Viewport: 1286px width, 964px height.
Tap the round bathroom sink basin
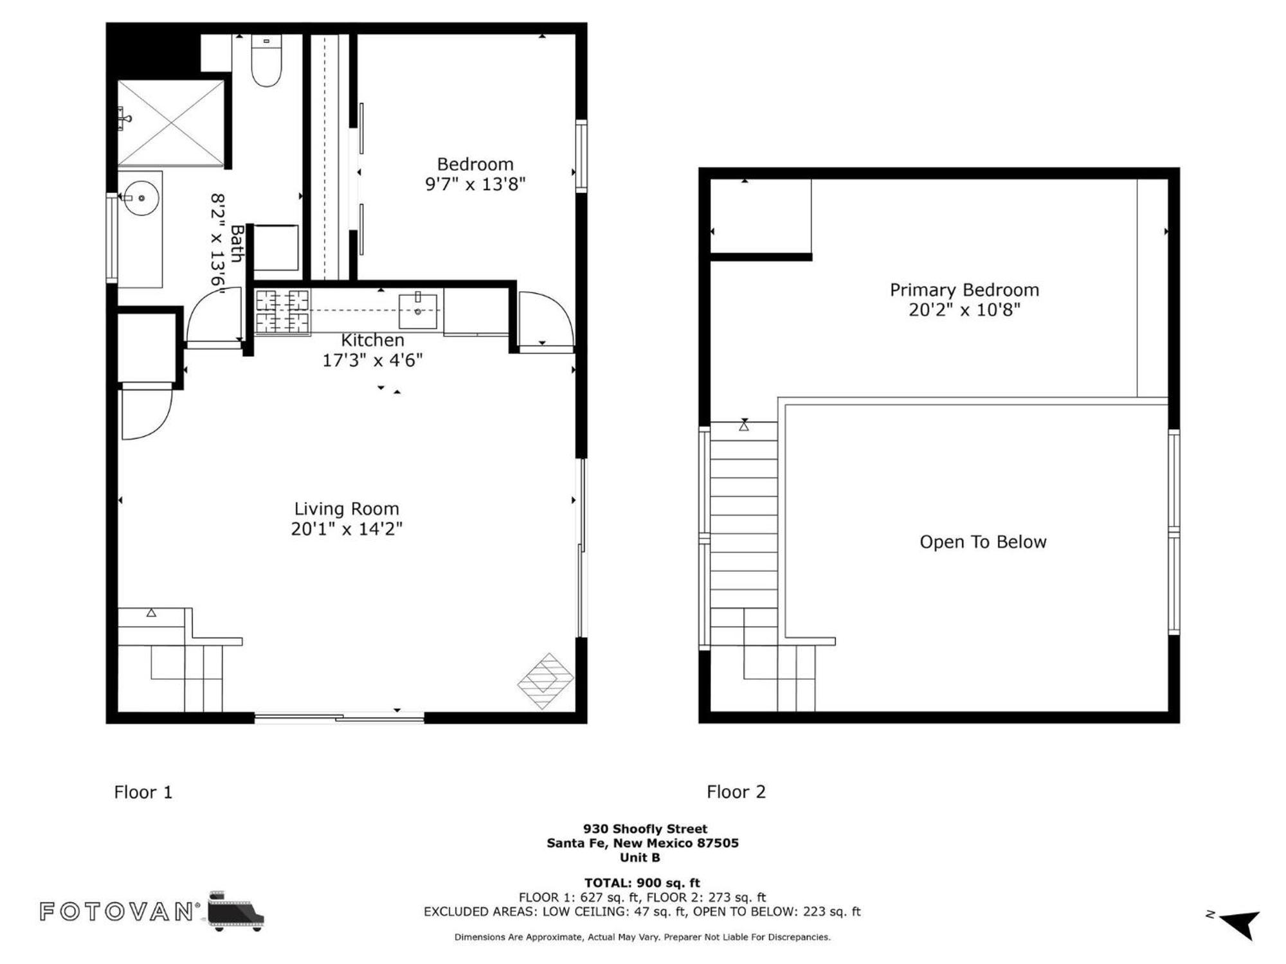click(x=141, y=198)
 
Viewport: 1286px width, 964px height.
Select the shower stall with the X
click(x=171, y=123)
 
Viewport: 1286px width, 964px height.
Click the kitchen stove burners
click(x=282, y=312)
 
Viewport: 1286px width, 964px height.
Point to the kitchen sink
click(x=418, y=311)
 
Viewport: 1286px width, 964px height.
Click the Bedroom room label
click(x=475, y=165)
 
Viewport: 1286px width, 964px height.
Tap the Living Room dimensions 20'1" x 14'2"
click(x=347, y=529)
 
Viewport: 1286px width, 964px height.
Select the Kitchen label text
click(x=372, y=340)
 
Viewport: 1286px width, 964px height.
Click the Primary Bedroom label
click(x=964, y=290)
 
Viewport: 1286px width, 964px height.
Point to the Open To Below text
click(x=983, y=542)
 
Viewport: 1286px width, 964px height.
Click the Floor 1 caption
click(x=143, y=792)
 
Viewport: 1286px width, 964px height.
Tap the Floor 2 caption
click(x=736, y=792)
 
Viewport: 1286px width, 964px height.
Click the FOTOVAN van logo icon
click(x=236, y=911)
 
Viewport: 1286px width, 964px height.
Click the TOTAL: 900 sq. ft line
click(x=642, y=883)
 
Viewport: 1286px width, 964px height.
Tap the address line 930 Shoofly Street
click(x=645, y=829)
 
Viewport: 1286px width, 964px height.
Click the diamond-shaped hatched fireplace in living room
click(x=545, y=681)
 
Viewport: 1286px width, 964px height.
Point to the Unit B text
click(x=640, y=857)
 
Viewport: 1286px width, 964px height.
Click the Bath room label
click(x=237, y=244)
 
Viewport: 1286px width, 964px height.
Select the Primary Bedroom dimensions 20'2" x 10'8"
click(x=964, y=310)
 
